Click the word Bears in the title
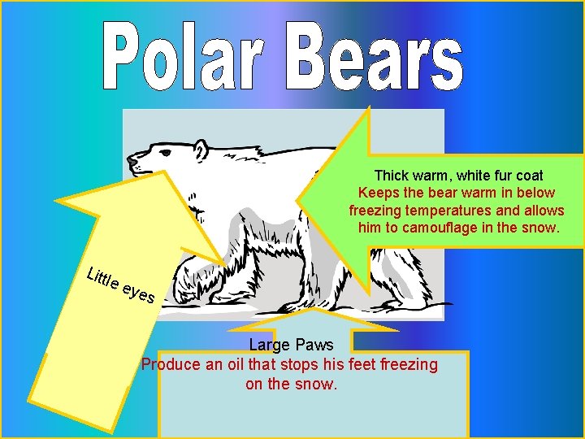pos(374,55)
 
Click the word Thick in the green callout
pos(391,176)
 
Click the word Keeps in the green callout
pos(378,193)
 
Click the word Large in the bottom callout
pos(268,346)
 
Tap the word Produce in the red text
pos(169,364)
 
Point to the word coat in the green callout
pos(528,176)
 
